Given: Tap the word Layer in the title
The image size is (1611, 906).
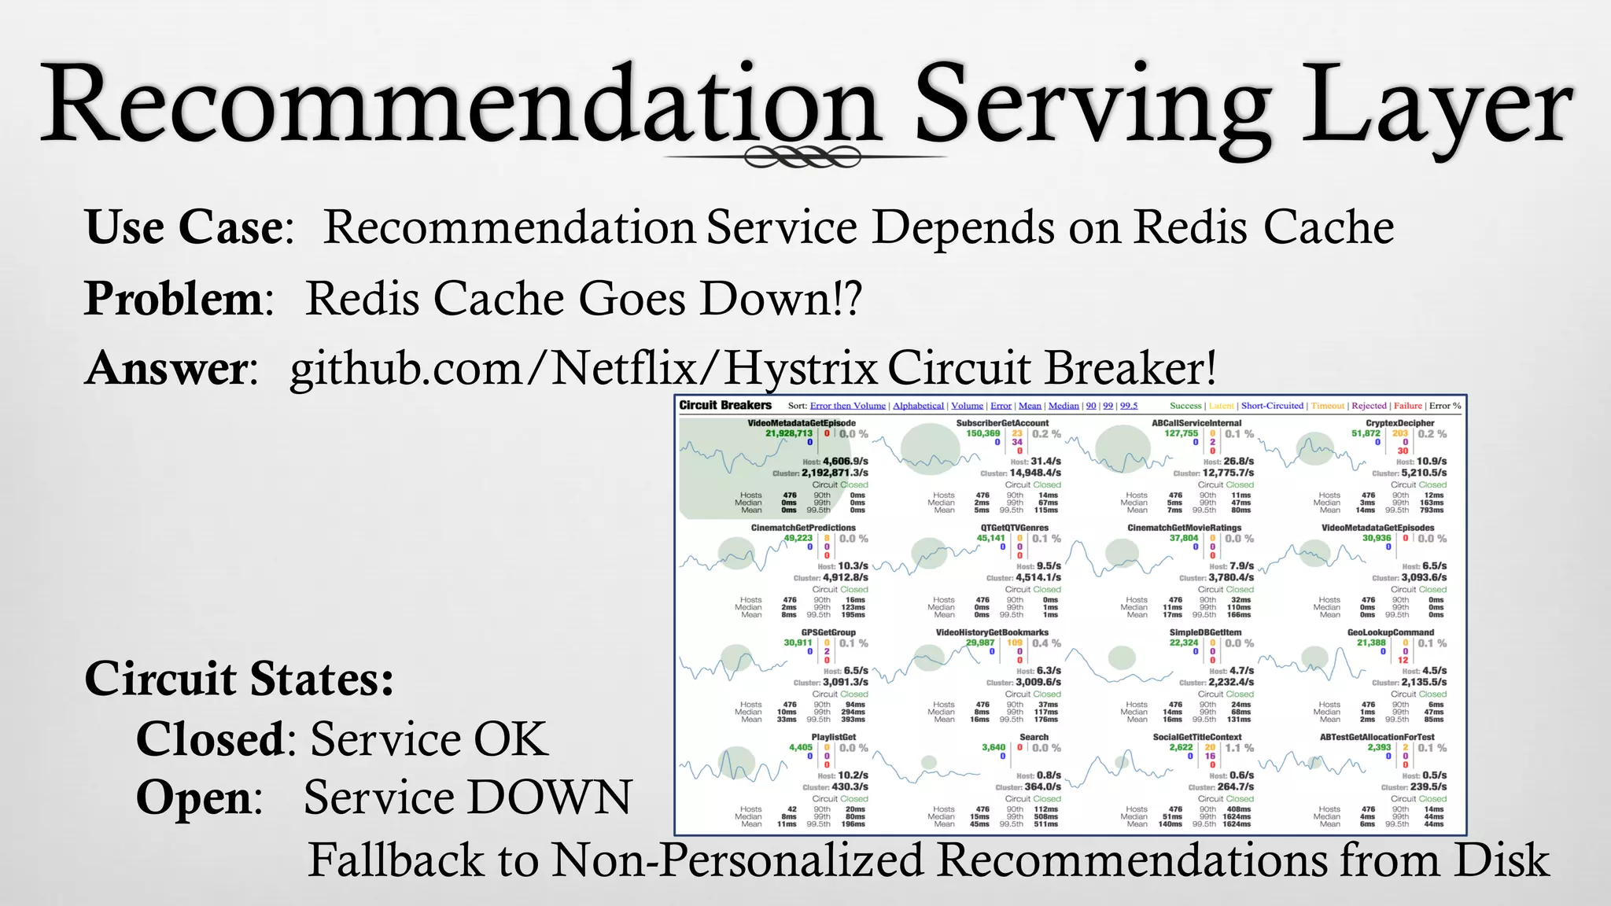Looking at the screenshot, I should (x=1436, y=106).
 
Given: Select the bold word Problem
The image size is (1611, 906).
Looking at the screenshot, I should (x=173, y=299).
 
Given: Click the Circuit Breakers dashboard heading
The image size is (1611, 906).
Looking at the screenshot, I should (x=725, y=405).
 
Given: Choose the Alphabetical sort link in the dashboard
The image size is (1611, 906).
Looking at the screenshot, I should (x=918, y=406).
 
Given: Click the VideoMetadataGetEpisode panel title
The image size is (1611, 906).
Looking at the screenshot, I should (x=801, y=423).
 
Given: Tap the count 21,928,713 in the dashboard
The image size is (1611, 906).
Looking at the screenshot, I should (x=788, y=433).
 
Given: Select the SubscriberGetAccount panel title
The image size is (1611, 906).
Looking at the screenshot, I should (x=1002, y=423).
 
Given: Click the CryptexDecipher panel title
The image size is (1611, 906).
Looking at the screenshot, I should (x=1399, y=423).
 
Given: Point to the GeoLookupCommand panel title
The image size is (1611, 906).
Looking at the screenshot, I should (x=1391, y=632).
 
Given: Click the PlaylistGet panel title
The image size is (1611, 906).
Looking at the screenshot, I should (x=833, y=737).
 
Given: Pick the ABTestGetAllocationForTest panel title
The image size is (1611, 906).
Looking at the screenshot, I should (x=1377, y=737).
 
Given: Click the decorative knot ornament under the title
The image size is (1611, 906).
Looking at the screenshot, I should (x=802, y=157).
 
